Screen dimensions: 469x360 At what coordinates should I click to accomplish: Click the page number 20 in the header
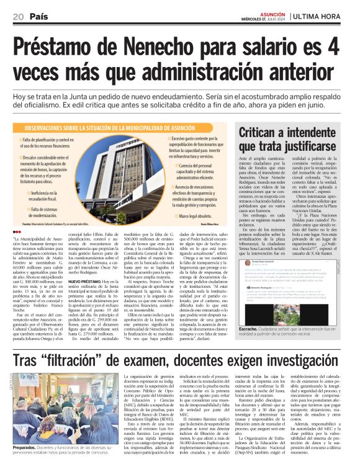click(17, 16)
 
